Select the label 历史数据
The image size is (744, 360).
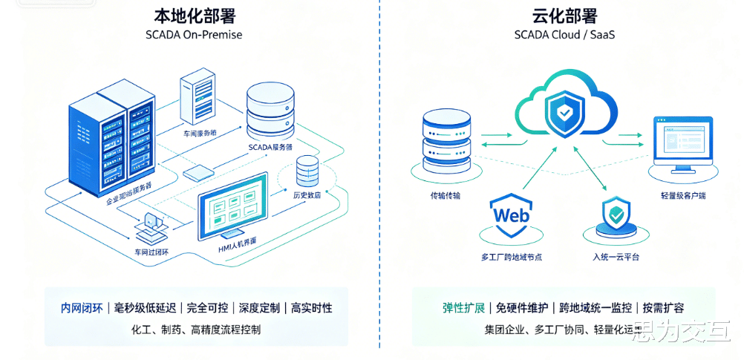pos(307,196)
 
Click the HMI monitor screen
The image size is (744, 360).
pos(232,204)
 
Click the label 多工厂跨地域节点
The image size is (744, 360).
pos(512,257)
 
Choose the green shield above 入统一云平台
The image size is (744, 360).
pos(616,216)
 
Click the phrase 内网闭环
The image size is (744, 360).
pos(82,308)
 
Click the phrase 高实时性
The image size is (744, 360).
pos(311,308)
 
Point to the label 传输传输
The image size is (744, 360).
pos(446,196)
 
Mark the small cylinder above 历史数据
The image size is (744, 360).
pos(307,171)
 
